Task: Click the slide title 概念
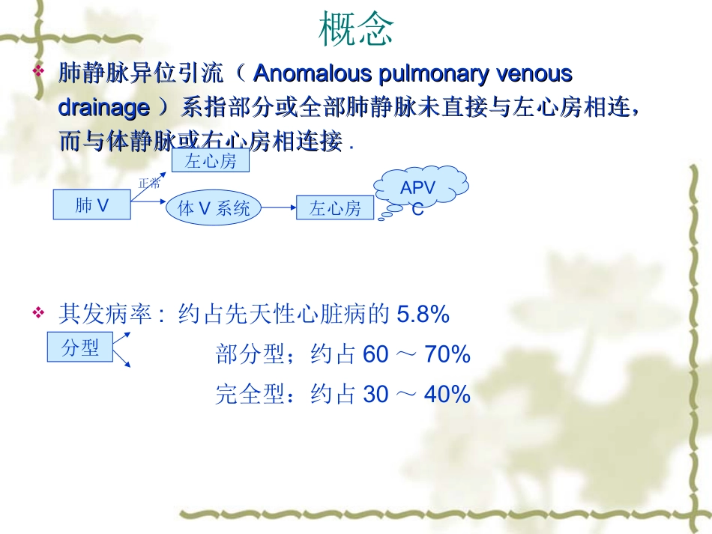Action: pyautogui.click(x=356, y=29)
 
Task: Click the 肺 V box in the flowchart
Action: pyautogui.click(x=91, y=204)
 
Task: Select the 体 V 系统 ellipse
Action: pyautogui.click(x=214, y=208)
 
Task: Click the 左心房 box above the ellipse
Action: pyautogui.click(x=211, y=160)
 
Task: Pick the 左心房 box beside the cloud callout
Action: pyautogui.click(x=335, y=208)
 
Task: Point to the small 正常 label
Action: pyautogui.click(x=149, y=183)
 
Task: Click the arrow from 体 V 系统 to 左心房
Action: pyautogui.click(x=279, y=208)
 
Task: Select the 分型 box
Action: pyautogui.click(x=80, y=348)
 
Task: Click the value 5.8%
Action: pyautogui.click(x=423, y=315)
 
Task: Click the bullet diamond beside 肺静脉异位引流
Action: pyautogui.click(x=40, y=72)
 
